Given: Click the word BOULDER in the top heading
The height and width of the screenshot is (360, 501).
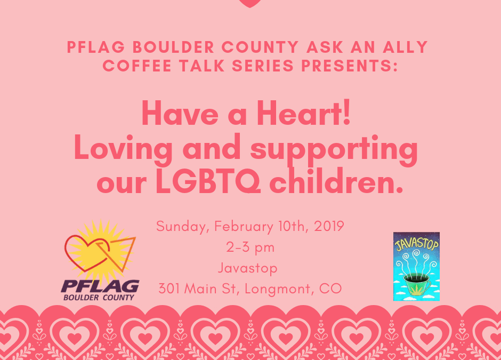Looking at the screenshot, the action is click(173, 47).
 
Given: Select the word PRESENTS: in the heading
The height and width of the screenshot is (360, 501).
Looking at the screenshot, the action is click(349, 66).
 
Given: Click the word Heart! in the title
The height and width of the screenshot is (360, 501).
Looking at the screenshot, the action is click(304, 114).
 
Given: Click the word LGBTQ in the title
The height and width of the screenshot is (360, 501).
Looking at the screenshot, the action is click(208, 181).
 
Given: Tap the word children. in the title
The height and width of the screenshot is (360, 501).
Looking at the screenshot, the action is click(336, 180).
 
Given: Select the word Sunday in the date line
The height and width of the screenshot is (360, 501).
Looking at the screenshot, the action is click(182, 227).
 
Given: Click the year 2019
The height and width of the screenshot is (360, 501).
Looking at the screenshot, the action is click(329, 226).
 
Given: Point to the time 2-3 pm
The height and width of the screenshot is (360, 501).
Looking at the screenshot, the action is click(250, 247).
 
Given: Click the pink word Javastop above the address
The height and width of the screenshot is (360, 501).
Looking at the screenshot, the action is click(248, 268).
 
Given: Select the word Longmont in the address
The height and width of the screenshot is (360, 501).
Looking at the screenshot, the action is click(277, 289).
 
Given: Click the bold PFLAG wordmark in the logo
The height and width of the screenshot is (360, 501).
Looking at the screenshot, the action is click(100, 286).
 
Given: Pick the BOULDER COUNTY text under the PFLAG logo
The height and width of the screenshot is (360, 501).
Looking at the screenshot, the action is click(99, 298).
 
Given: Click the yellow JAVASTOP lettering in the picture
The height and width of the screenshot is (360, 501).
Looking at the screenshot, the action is click(417, 244).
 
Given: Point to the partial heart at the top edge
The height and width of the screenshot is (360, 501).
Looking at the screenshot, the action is click(250, 3).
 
